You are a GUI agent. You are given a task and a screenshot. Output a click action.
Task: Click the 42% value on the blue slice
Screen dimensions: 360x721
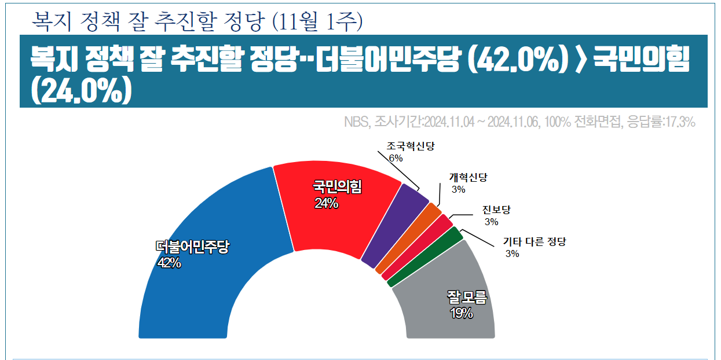tap(169, 263)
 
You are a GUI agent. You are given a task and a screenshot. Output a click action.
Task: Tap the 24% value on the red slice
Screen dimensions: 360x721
tap(327, 203)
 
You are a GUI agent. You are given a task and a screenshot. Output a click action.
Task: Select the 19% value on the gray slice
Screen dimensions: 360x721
tap(462, 314)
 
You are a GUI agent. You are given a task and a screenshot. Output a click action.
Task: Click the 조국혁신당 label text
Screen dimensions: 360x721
tap(410, 146)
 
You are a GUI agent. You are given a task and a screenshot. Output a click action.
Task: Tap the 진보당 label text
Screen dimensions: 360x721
tap(496, 210)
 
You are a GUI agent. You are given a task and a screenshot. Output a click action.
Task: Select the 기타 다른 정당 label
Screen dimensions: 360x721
tap(534, 242)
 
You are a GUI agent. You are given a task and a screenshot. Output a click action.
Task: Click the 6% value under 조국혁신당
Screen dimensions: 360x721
tap(396, 158)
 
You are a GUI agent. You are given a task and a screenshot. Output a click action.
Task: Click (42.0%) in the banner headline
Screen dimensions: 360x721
tap(516, 60)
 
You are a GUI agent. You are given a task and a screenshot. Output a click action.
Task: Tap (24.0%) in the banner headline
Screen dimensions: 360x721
tap(81, 90)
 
